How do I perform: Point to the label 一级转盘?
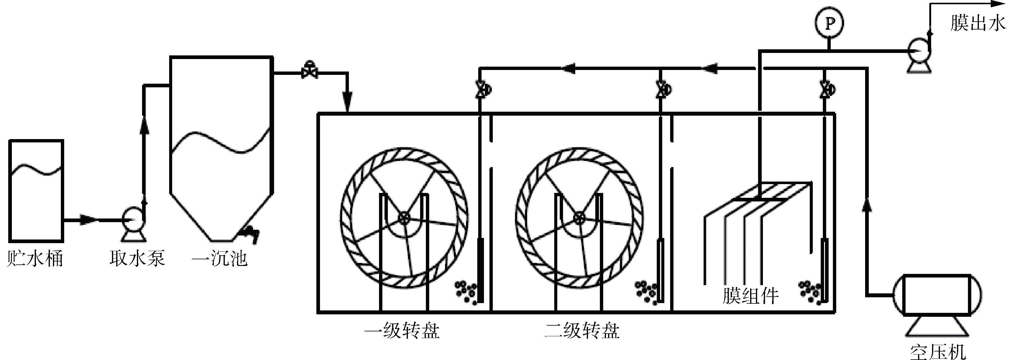[402, 330]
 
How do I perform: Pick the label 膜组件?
[750, 296]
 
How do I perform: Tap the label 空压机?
[938, 351]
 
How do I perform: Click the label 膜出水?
[977, 23]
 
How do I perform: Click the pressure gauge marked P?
[829, 23]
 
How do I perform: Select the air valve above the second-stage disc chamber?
[663, 90]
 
